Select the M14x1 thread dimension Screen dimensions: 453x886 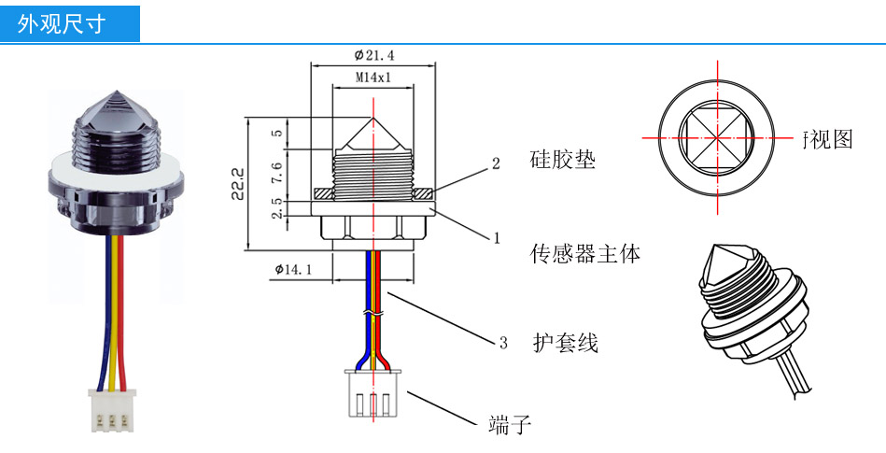coord(373,78)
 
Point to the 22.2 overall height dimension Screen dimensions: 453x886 coord(237,184)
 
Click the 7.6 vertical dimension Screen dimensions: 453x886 coord(276,172)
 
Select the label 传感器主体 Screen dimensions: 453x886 coord(584,252)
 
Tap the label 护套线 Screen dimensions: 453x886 coord(565,343)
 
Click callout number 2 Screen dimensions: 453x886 coord(497,163)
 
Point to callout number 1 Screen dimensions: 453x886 coord(497,238)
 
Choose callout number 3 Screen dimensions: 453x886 coord(502,344)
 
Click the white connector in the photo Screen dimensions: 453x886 coord(111,411)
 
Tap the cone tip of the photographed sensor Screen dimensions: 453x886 coord(115,94)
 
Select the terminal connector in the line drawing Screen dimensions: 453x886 coord(373,394)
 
